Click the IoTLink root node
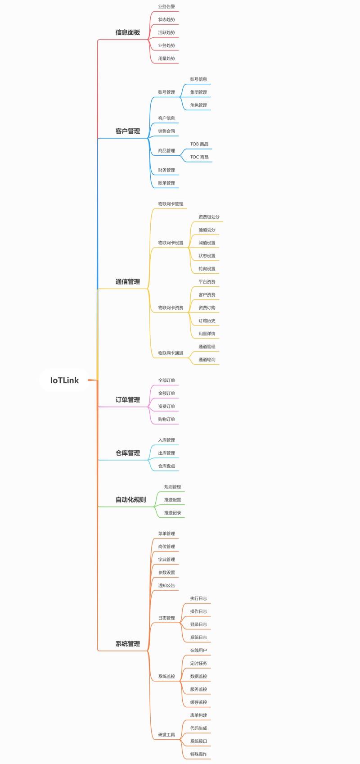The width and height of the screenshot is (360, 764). (x=64, y=380)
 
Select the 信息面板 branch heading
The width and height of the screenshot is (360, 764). (x=127, y=32)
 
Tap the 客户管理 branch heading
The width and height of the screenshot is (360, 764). (x=127, y=131)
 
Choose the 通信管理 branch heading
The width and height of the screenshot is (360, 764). (x=127, y=281)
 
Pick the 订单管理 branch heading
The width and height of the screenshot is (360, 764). (x=127, y=399)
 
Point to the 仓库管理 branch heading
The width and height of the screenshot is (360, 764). (x=127, y=452)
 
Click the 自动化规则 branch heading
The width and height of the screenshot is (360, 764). (x=130, y=499)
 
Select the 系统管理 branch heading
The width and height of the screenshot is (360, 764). (x=127, y=644)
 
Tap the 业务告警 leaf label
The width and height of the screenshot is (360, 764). (x=166, y=6)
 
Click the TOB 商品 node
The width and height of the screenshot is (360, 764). (x=199, y=144)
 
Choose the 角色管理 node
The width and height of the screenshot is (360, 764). (x=198, y=105)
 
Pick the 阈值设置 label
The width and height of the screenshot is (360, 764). (x=207, y=243)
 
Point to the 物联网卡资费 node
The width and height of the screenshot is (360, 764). (x=171, y=307)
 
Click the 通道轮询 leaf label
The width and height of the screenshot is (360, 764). (x=207, y=359)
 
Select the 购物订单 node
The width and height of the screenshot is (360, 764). (x=166, y=419)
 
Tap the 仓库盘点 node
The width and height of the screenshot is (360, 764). (x=166, y=466)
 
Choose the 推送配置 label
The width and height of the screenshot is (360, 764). (x=172, y=500)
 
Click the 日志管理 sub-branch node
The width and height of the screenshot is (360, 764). (x=166, y=618)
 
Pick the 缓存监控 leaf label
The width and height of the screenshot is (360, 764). (x=198, y=702)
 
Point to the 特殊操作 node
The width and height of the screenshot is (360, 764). (x=198, y=754)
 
